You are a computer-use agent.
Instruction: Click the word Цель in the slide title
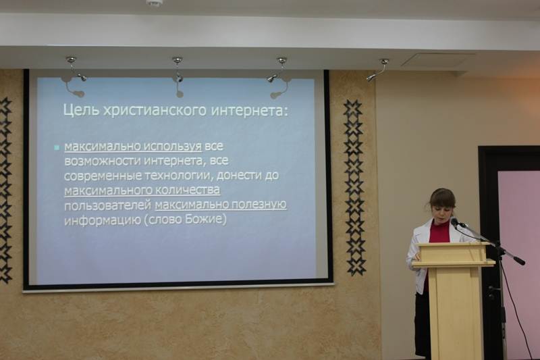pyautogui.click(x=81, y=111)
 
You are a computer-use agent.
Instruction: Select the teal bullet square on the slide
pyautogui.click(x=57, y=148)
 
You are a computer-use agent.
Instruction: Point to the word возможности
pyautogui.click(x=103, y=161)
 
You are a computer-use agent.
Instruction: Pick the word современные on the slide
pyautogui.click(x=103, y=176)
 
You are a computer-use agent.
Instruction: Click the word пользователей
pyautogui.click(x=108, y=205)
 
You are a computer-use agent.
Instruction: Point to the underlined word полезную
pyautogui.click(x=259, y=205)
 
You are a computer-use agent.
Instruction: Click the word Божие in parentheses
pyautogui.click(x=205, y=220)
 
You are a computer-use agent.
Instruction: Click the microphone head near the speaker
pyautogui.click(x=455, y=222)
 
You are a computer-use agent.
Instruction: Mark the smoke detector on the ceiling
pyautogui.click(x=153, y=3)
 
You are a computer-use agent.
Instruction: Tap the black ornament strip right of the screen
pyautogui.click(x=355, y=187)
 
